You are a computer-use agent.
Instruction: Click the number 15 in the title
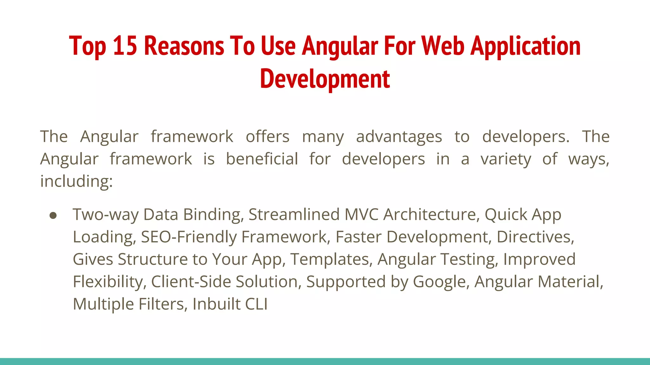[x=125, y=46]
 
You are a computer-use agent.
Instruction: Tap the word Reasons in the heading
[x=184, y=46]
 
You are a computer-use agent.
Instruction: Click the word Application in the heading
[x=526, y=46]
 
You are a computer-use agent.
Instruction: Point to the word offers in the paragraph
[x=268, y=137]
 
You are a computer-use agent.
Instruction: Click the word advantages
[x=399, y=137]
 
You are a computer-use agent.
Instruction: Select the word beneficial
[x=262, y=159]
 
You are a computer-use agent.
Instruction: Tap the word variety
[x=506, y=159]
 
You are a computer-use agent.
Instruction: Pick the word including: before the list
[x=76, y=182]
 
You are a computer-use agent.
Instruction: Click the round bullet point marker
[x=53, y=215]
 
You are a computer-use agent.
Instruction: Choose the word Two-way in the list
[x=106, y=215]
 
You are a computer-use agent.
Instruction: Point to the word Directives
[x=535, y=237]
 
